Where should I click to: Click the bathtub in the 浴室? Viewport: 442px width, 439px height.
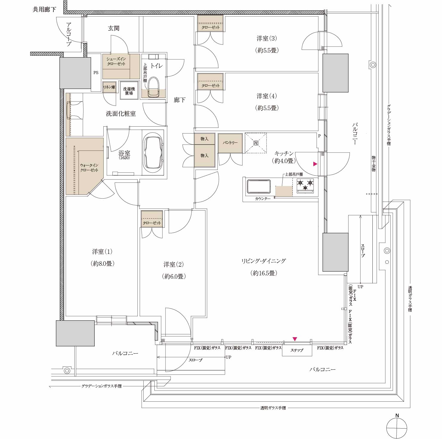point(154,153)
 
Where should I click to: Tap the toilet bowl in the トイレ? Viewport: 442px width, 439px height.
point(154,87)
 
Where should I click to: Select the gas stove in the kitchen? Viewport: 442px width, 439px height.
point(305,185)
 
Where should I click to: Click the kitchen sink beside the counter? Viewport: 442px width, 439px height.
point(259,186)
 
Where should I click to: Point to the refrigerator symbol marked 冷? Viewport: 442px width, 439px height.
point(256,143)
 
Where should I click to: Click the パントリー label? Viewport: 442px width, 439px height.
point(230,143)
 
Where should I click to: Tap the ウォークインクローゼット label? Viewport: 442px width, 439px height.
point(89,168)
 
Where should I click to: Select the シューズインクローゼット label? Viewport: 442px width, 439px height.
point(116,61)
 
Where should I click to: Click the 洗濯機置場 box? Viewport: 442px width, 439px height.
point(129,90)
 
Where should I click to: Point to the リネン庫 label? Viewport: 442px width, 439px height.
point(109,87)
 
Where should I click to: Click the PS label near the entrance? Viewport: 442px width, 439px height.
point(96,73)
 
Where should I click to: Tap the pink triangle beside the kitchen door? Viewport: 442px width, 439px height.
point(315,164)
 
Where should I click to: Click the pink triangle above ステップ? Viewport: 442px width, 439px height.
point(295,339)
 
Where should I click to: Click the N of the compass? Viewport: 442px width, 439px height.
point(397,415)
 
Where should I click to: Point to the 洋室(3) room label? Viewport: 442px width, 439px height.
point(267,39)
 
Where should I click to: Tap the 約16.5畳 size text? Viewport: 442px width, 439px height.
point(264,273)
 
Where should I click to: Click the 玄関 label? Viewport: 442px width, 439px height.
point(114,28)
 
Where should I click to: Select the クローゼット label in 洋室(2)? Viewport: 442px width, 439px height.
point(152,223)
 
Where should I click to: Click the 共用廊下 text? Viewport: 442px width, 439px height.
point(44,10)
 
